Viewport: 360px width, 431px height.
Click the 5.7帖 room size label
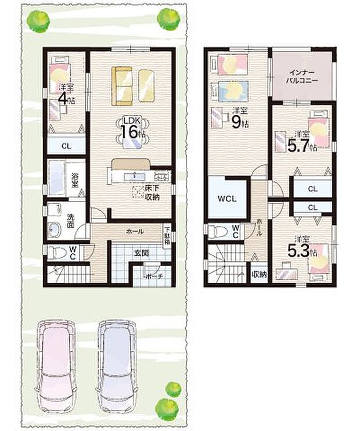(x=302, y=143)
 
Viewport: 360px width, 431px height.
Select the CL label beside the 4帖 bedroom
(x=66, y=146)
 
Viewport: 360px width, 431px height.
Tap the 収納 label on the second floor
(x=259, y=275)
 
